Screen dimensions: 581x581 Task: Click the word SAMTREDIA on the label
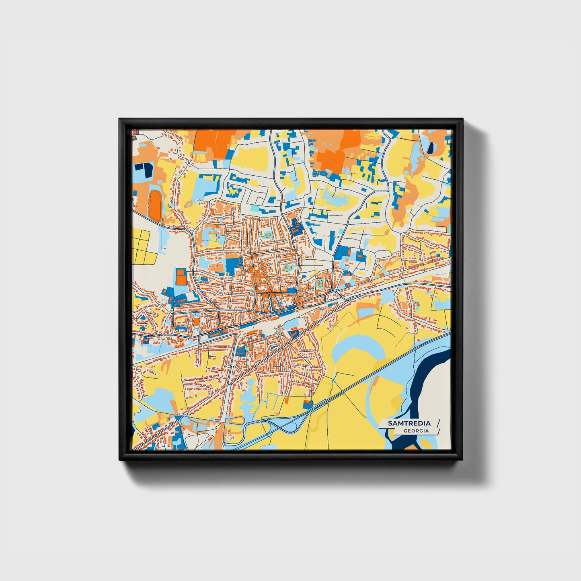pos(409,423)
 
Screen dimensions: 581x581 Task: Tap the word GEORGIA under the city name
pos(416,431)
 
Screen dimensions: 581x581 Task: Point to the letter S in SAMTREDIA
pos(390,423)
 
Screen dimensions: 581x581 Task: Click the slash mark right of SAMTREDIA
pos(437,423)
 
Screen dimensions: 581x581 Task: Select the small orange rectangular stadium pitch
pos(196,321)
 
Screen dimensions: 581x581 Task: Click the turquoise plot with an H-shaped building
pos(320,281)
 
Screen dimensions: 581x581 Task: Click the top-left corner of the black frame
pos(119,119)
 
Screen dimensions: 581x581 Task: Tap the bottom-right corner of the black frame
pos(462,460)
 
